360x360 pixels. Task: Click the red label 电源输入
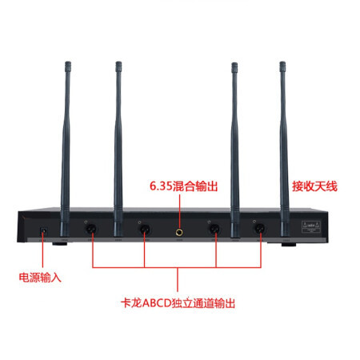pos(40,278)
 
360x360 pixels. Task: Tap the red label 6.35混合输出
pos(184,186)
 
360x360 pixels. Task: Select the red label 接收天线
pos(314,186)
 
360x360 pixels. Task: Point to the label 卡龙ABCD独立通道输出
pos(178,303)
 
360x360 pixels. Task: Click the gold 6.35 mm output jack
pos(179,233)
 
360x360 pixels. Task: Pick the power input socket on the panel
pos(44,231)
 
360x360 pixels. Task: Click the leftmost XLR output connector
pos(90,229)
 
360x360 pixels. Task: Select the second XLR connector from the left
pos(145,229)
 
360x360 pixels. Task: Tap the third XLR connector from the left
pos(214,229)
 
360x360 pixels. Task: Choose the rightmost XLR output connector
pos(260,229)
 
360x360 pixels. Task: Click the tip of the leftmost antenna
pos(68,62)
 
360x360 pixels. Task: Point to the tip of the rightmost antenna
pos(282,62)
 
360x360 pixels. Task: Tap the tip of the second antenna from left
pos(118,62)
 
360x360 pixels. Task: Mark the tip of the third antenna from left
pos(234,63)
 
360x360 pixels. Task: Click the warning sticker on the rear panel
pos(310,226)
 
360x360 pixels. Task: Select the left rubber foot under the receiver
pos(59,244)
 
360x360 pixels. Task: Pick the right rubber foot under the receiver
pos(289,244)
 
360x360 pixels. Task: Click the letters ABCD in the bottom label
pos(156,303)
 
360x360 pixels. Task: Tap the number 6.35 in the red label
pos(161,186)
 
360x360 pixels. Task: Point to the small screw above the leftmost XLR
pos(86,222)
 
